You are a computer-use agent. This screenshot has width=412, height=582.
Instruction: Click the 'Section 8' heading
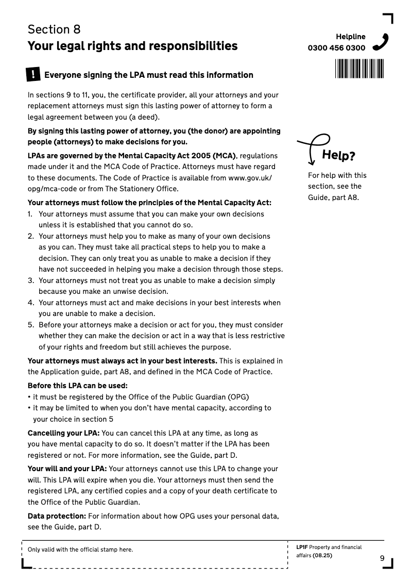pos(54,29)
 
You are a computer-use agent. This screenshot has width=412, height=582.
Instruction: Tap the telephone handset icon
pos(380,42)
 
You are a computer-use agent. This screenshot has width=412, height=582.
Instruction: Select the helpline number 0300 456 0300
pos(336,48)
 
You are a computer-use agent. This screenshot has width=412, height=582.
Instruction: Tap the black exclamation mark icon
pos(33,75)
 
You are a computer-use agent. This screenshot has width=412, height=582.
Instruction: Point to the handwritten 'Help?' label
pos(338,155)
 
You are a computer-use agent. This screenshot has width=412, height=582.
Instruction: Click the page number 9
pos(382,558)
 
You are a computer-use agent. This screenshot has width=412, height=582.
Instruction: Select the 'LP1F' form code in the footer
pos(302,547)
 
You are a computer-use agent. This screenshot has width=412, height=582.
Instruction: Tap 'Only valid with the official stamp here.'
pos(80,550)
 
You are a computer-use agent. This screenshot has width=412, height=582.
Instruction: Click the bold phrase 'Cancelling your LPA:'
pos(63,433)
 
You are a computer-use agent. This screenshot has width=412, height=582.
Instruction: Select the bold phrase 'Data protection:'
pos(57,516)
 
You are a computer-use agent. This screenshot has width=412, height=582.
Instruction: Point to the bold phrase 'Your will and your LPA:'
pos(67,469)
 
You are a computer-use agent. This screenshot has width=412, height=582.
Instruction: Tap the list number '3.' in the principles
pos(31,280)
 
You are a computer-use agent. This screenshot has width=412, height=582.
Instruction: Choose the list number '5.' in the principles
pos(31,325)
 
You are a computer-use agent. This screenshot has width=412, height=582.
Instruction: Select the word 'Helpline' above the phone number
pos(351,37)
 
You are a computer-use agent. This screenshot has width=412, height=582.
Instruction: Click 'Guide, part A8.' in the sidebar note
pos(333,197)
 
